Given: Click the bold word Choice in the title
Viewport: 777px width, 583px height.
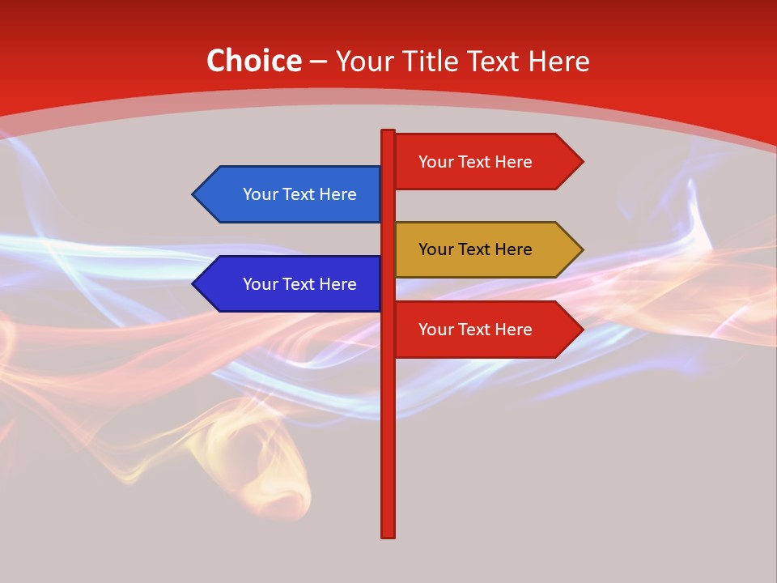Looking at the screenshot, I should click(x=253, y=61).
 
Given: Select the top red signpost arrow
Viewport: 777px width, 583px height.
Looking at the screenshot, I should click(x=478, y=162).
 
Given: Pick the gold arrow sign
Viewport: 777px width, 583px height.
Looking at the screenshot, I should click(x=478, y=249).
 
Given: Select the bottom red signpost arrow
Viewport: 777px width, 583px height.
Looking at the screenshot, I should click(x=478, y=330).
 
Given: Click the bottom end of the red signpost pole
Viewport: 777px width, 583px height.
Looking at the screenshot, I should click(x=388, y=534).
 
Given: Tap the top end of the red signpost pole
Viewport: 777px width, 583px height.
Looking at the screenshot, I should click(x=388, y=133).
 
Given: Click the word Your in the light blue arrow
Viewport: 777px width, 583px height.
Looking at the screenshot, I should click(x=259, y=194).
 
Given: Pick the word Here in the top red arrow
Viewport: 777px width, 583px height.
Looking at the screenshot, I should click(x=513, y=162).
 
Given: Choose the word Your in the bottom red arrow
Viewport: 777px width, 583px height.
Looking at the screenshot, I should click(x=435, y=330).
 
